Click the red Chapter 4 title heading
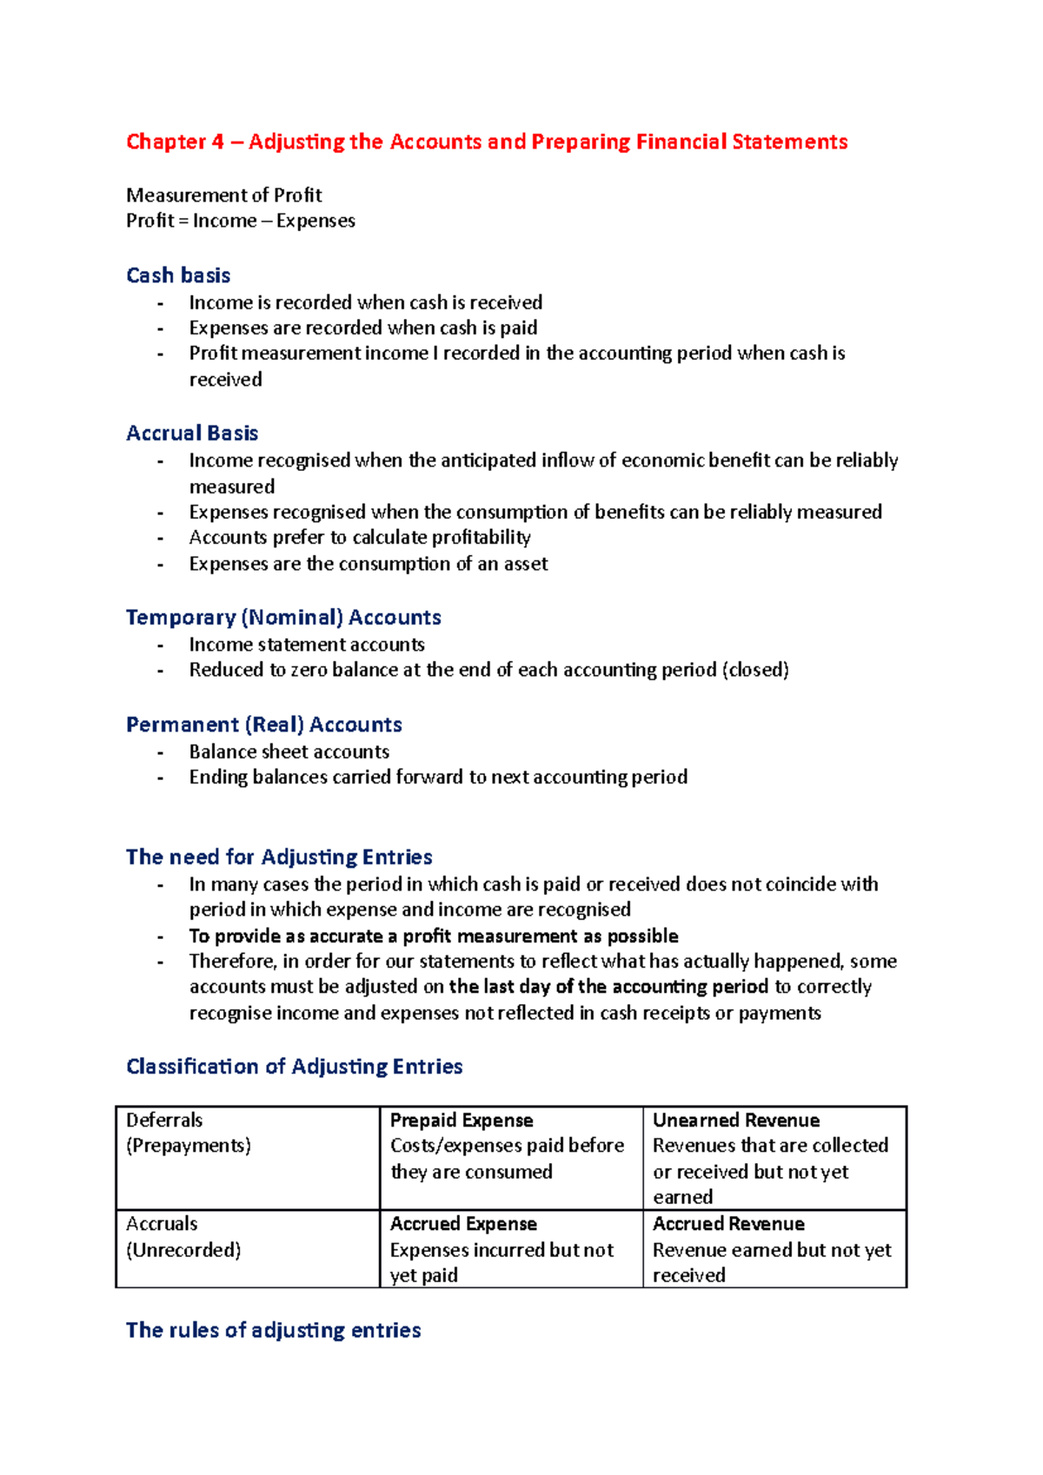point(487,142)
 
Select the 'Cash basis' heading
point(178,275)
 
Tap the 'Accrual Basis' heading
point(192,433)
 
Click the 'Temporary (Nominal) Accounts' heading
point(283,617)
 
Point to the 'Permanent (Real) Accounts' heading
point(264,724)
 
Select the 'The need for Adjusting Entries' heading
point(279,857)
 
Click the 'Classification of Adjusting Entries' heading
point(294,1066)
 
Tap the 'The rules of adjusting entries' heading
point(273,1330)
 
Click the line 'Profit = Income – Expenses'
point(241,221)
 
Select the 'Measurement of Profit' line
point(224,195)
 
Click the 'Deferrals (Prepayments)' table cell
point(248,1157)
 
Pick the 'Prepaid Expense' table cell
point(510,1157)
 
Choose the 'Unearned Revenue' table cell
point(774,1157)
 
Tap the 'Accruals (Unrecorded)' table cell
point(248,1248)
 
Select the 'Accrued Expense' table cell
point(510,1248)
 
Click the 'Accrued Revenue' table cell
point(774,1248)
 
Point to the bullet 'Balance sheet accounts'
point(289,751)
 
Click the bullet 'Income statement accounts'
point(307,645)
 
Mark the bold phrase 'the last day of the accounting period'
point(608,987)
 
